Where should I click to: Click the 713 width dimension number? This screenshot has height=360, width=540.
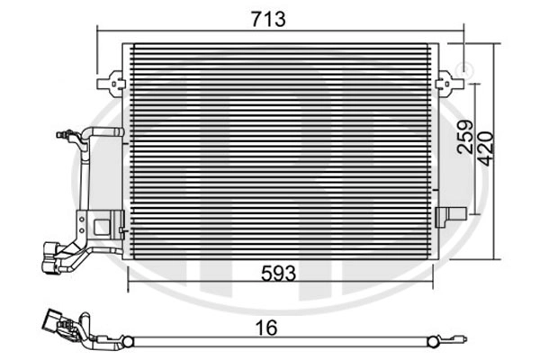click(x=268, y=19)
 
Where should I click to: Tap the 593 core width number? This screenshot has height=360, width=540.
click(x=278, y=274)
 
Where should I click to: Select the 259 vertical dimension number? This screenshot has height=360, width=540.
click(x=465, y=137)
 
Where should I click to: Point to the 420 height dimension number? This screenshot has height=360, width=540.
click(x=486, y=148)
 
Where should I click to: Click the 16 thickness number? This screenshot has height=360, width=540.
click(x=266, y=328)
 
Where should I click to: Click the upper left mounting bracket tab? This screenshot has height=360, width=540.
click(x=112, y=84)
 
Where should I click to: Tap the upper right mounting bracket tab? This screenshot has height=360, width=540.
click(x=449, y=84)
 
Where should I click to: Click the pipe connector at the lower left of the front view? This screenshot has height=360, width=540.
click(x=51, y=258)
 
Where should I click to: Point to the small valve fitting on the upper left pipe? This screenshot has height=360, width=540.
click(x=66, y=134)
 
